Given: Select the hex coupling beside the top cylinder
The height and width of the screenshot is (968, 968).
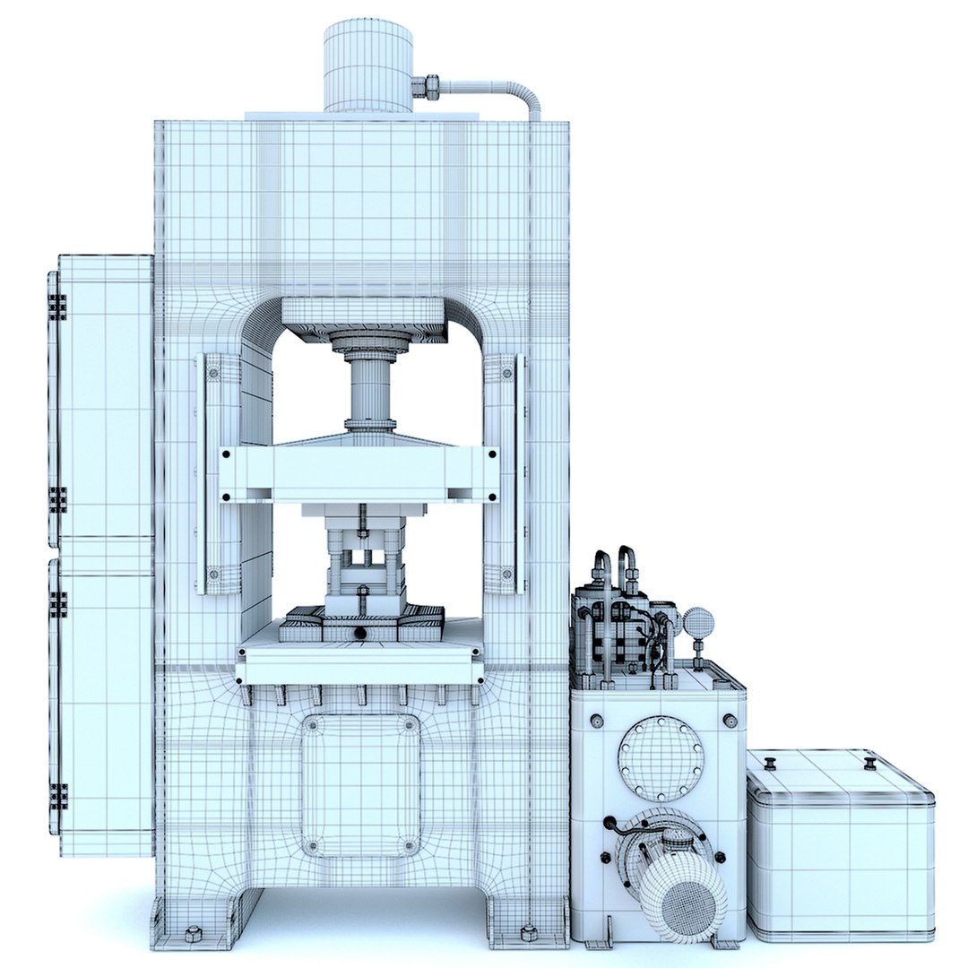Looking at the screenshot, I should (428, 87).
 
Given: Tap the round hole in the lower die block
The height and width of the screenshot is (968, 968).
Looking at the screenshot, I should (360, 633).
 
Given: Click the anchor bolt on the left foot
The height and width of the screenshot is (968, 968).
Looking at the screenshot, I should (191, 935).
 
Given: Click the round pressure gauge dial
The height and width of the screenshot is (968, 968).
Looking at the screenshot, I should (698, 620).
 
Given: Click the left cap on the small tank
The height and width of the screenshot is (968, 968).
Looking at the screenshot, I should (769, 764).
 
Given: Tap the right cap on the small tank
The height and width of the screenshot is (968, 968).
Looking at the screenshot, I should (869, 764).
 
